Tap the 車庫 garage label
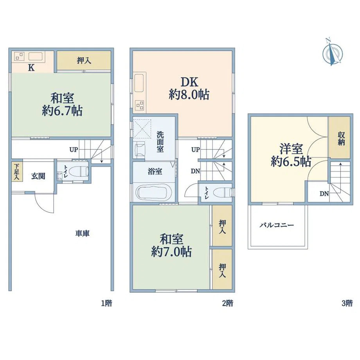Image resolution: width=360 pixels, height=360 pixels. pos(83,234)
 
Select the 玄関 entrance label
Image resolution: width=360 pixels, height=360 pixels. pos(38,176)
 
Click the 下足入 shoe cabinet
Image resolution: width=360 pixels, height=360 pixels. pos(17,172)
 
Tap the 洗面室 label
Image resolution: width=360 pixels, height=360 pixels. pos(160,142)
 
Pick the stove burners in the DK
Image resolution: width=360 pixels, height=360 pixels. pos(139,106)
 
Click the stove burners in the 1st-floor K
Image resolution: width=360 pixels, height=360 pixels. pos(19,56)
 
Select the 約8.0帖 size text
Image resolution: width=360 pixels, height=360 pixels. pos(189,95)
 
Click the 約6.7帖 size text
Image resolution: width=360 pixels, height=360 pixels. pos(62,111)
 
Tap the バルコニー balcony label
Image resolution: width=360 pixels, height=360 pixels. pos(277,225)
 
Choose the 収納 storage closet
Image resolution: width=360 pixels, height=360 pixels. pos(339,137)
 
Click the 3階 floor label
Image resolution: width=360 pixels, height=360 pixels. pos(347,303)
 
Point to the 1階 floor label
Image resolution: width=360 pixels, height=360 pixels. pos(106,303)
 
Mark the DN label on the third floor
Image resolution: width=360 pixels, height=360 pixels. pos(324,194)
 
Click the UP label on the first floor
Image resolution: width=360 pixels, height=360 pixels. pos(74,150)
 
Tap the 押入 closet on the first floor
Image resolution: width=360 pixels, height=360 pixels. pos(84,60)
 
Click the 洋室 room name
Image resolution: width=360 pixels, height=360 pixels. pos(291,149)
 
